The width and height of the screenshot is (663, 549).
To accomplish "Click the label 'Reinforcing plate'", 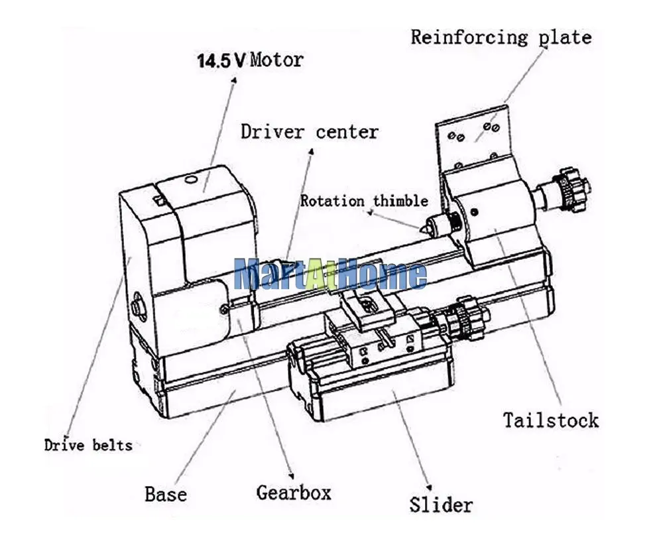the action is (501, 38).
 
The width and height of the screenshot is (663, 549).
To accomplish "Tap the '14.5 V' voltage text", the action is (221, 60).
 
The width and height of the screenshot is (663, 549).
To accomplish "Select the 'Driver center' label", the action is (310, 132).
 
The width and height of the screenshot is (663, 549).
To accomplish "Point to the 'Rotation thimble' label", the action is (364, 200).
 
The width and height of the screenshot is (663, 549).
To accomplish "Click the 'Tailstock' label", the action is (551, 420).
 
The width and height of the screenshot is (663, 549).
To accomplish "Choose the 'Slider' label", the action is (441, 505).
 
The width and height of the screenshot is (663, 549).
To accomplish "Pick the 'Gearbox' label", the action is (294, 493).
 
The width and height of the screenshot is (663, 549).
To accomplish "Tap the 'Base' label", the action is (166, 494).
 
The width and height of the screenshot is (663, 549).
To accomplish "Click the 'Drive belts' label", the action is (88, 445).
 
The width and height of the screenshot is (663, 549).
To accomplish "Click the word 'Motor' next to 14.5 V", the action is (277, 60).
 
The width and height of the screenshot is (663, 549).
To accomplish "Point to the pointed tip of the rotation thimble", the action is (422, 229).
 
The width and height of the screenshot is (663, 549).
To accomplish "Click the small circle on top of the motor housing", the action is (191, 180).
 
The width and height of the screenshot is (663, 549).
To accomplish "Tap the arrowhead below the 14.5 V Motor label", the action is (234, 80).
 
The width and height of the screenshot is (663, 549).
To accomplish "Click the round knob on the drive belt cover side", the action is (137, 304).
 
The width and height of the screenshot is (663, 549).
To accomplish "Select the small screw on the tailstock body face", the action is (475, 212).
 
